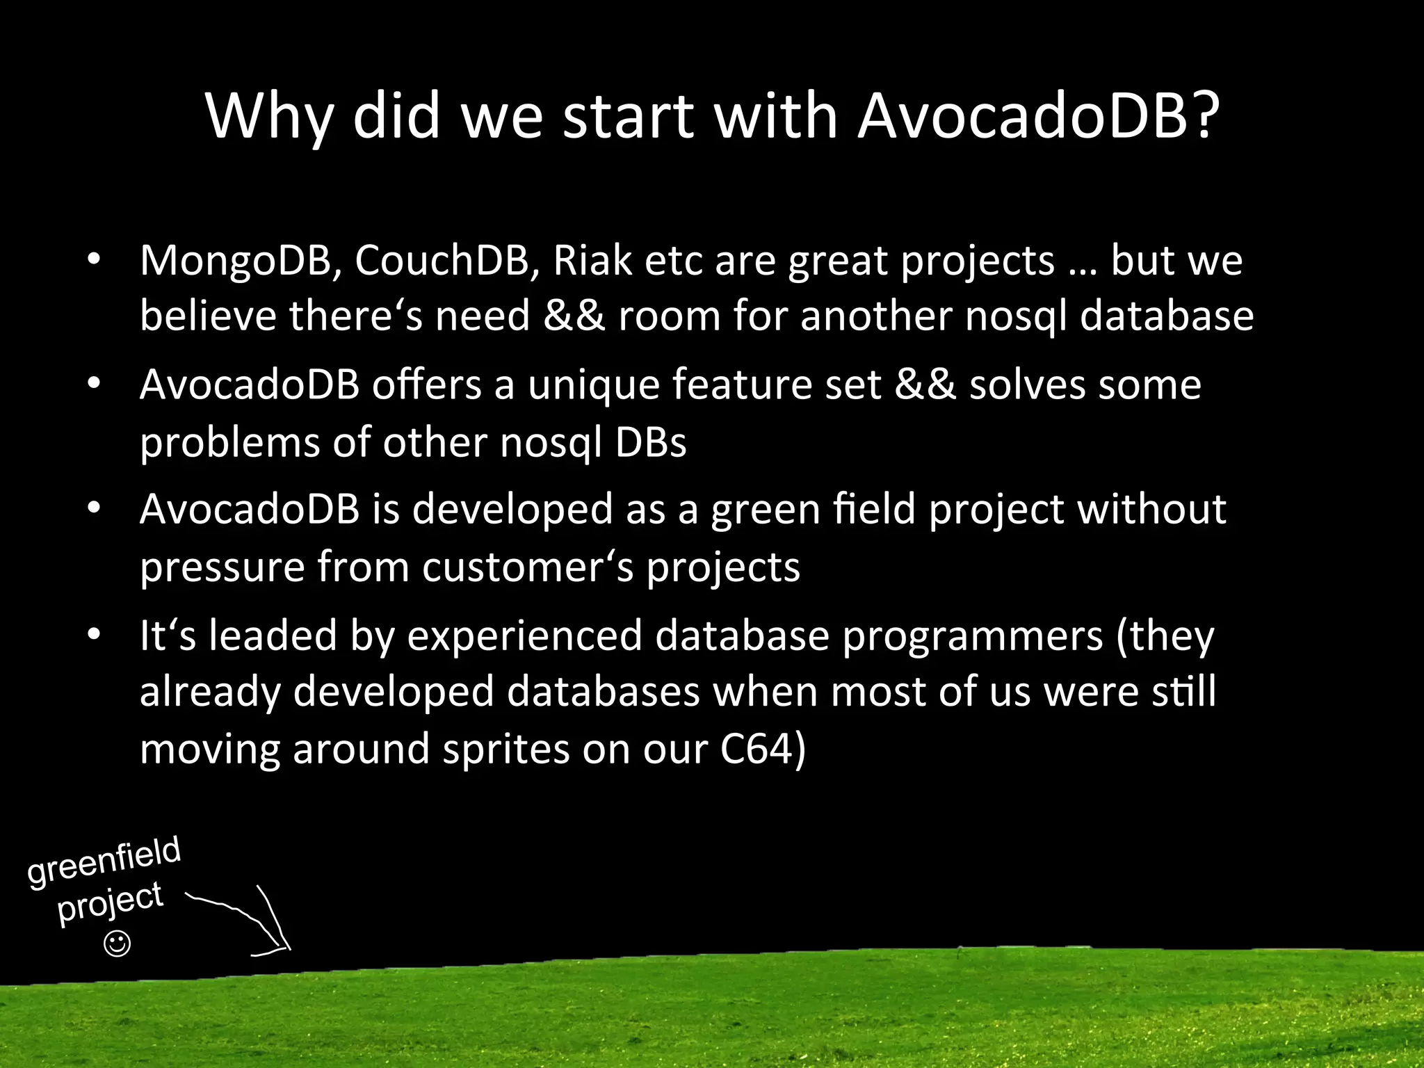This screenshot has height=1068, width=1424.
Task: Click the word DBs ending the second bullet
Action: click(x=651, y=442)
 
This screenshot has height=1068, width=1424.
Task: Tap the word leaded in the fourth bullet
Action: click(x=273, y=636)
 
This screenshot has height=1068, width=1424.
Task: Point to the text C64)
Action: click(x=763, y=750)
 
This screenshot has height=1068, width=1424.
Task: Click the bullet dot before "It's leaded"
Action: click(x=95, y=635)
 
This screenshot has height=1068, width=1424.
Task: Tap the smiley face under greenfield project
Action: click(x=117, y=944)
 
